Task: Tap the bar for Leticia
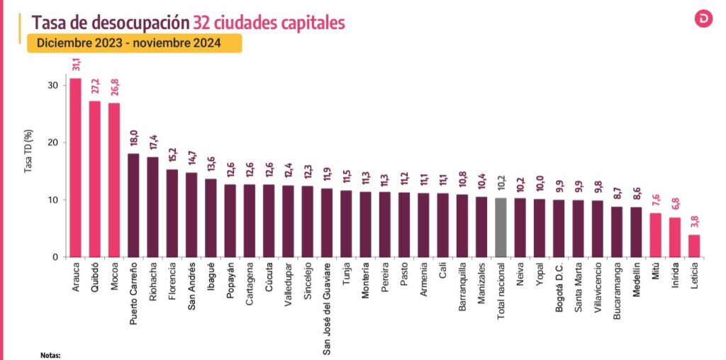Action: pyautogui.click(x=694, y=245)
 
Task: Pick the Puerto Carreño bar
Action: pyautogui.click(x=133, y=205)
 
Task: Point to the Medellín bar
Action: pyautogui.click(x=636, y=232)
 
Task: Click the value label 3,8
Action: pyautogui.click(x=695, y=223)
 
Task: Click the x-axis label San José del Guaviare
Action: pyautogui.click(x=327, y=308)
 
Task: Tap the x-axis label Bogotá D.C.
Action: pyautogui.click(x=559, y=288)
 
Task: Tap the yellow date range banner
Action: pyautogui.click(x=134, y=43)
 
